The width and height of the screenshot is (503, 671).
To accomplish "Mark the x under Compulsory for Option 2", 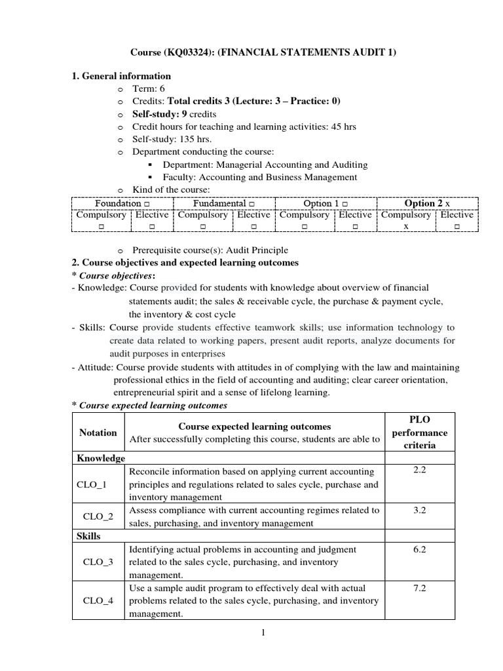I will [x=406, y=225].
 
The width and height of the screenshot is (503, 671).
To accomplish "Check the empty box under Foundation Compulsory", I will [x=102, y=226].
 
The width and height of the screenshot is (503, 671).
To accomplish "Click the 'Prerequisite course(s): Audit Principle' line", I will [x=210, y=250].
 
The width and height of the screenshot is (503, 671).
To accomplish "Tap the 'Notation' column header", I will [x=98, y=432].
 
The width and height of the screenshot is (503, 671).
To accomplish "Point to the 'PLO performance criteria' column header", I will [x=419, y=432].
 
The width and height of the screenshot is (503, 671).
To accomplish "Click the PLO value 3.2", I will [x=420, y=510].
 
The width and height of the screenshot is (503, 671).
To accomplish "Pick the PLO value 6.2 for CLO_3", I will [x=420, y=549].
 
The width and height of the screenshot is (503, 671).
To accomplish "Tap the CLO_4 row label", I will [x=98, y=601].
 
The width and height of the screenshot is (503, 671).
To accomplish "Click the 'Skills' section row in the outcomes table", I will [x=89, y=536].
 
